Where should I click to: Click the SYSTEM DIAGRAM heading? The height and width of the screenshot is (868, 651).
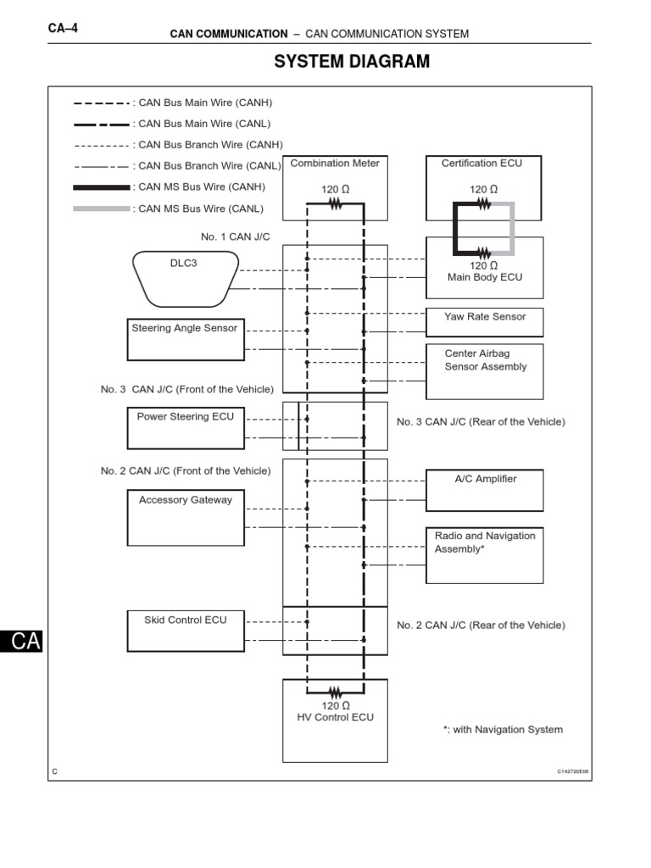click(x=352, y=62)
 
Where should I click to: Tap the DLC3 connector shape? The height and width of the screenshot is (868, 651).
click(x=184, y=278)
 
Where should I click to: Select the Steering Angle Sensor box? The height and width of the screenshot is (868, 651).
click(x=186, y=338)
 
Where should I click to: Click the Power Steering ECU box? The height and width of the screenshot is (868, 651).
click(x=186, y=428)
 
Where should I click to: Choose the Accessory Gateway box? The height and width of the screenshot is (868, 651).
click(x=186, y=517)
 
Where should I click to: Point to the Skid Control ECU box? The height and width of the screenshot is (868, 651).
click(x=186, y=631)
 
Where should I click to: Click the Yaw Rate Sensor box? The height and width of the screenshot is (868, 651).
click(x=484, y=321)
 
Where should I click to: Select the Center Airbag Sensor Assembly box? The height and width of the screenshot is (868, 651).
click(x=484, y=370)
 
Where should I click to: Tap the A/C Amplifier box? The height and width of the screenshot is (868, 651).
click(x=484, y=490)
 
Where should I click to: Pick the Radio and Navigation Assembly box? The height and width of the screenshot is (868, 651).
click(x=484, y=554)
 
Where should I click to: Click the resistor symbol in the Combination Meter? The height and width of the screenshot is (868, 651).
click(x=336, y=203)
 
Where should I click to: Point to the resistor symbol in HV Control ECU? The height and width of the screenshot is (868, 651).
click(x=336, y=691)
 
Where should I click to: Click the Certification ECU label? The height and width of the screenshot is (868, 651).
click(x=482, y=164)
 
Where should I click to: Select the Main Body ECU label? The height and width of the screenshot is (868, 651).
click(x=484, y=277)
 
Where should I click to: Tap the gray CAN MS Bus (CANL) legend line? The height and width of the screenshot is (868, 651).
click(x=102, y=209)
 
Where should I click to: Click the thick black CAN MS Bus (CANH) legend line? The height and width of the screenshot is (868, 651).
click(x=102, y=187)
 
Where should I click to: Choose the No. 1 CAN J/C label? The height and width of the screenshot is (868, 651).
click(x=236, y=236)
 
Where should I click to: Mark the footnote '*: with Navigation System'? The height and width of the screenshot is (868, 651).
click(x=503, y=729)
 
